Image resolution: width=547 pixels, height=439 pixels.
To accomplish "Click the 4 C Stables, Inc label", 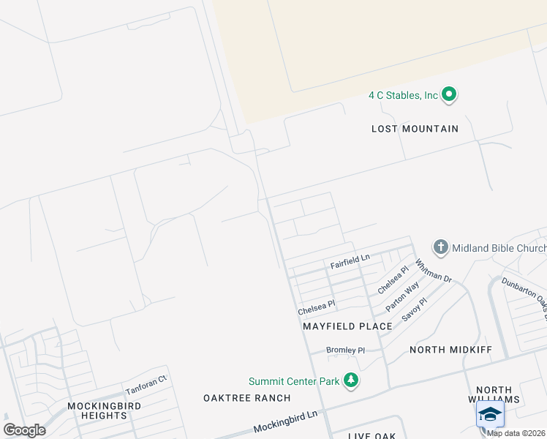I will pyautogui.click(x=403, y=95).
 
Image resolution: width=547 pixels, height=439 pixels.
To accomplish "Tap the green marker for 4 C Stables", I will pyautogui.click(x=450, y=94).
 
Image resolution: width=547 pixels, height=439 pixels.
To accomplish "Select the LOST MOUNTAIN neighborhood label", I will pyautogui.click(x=415, y=129).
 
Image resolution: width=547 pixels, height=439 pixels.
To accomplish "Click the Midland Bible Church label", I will pyautogui.click(x=499, y=248).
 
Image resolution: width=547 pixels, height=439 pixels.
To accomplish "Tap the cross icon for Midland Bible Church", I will pyautogui.click(x=441, y=247).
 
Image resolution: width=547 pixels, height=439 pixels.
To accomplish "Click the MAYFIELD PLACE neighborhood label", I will pyautogui.click(x=347, y=326).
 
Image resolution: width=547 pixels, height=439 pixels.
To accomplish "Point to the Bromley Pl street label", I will pyautogui.click(x=345, y=350).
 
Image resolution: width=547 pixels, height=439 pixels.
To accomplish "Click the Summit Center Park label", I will pyautogui.click(x=294, y=381).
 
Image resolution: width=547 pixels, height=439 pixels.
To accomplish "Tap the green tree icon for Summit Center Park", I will pyautogui.click(x=352, y=380).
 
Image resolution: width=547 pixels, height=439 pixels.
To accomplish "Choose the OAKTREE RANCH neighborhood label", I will pyautogui.click(x=246, y=398).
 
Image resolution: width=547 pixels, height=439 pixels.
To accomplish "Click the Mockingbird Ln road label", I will pyautogui.click(x=285, y=424).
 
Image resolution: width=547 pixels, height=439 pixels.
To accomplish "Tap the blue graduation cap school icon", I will pyautogui.click(x=490, y=414).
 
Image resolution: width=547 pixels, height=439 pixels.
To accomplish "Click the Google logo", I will pyautogui.click(x=24, y=430).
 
